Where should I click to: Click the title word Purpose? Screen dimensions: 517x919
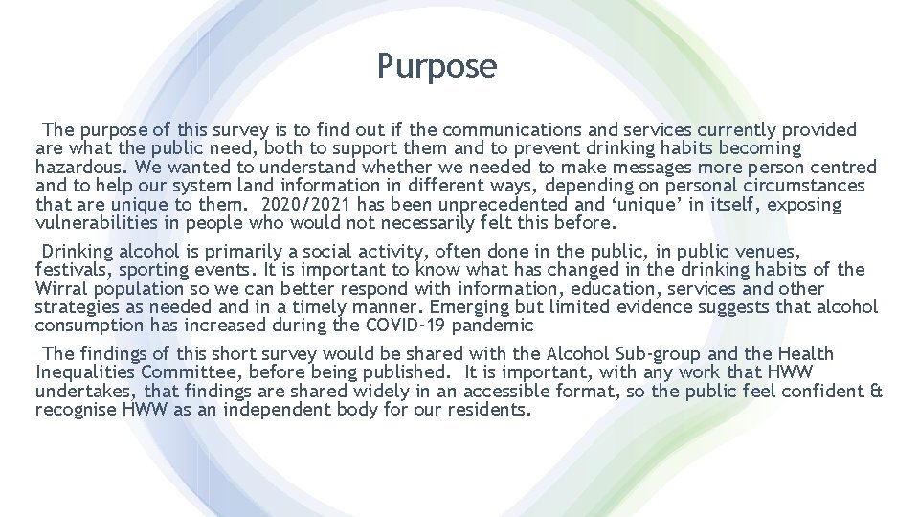pos(437,66)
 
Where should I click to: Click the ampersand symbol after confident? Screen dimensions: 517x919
pos(876,392)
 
